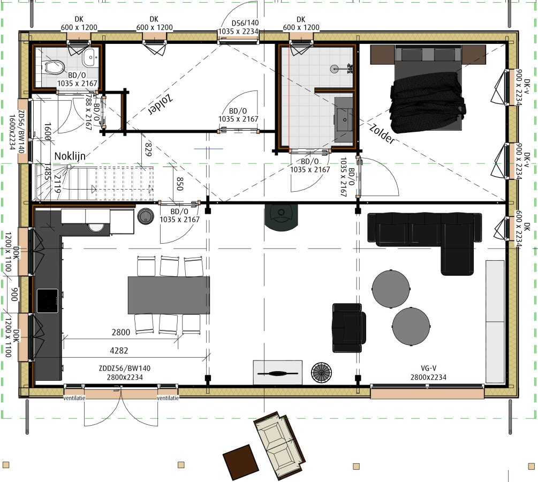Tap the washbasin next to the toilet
point(90,57)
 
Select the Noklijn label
point(70,156)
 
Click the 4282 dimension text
point(119,350)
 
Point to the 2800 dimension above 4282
point(121,332)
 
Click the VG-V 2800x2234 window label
point(429,373)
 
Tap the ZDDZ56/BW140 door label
point(125,373)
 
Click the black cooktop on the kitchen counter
point(47,301)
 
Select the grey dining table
point(169,295)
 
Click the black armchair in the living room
point(348,328)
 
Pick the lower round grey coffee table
point(411,326)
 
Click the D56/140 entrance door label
point(238,27)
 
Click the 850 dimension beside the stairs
point(180,184)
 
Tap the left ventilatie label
point(74,398)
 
